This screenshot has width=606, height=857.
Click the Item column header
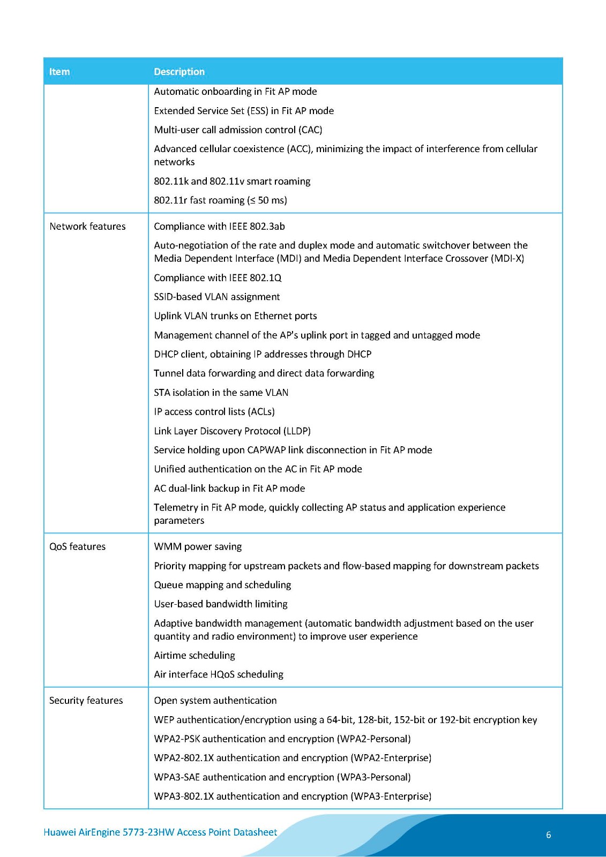[x=59, y=72]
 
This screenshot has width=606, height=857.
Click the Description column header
[x=179, y=72]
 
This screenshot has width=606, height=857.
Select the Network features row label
[x=87, y=227]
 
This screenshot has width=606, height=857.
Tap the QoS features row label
[x=77, y=547]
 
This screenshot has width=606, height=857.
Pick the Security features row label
[x=86, y=701]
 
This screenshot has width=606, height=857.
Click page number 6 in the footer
[x=548, y=835]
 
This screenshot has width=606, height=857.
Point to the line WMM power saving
[x=198, y=547]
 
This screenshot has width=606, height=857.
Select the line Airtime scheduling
[x=194, y=656]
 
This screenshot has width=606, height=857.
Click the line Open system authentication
[x=215, y=701]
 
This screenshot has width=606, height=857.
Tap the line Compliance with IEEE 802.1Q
[x=218, y=278]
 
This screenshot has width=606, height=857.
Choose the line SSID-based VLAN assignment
[x=217, y=297]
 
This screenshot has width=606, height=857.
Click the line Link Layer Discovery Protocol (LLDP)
[x=232, y=431]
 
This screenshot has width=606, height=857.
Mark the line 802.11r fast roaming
[x=220, y=200]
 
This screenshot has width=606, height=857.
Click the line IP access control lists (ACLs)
[x=214, y=412]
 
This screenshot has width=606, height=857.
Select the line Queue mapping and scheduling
[x=222, y=585]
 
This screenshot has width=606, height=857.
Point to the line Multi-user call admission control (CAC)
[x=238, y=130]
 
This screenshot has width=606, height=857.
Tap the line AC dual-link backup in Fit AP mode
[x=229, y=488]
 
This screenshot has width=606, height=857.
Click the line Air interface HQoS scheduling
[x=219, y=674]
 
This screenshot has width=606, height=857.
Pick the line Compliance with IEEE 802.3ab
[x=219, y=227]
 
